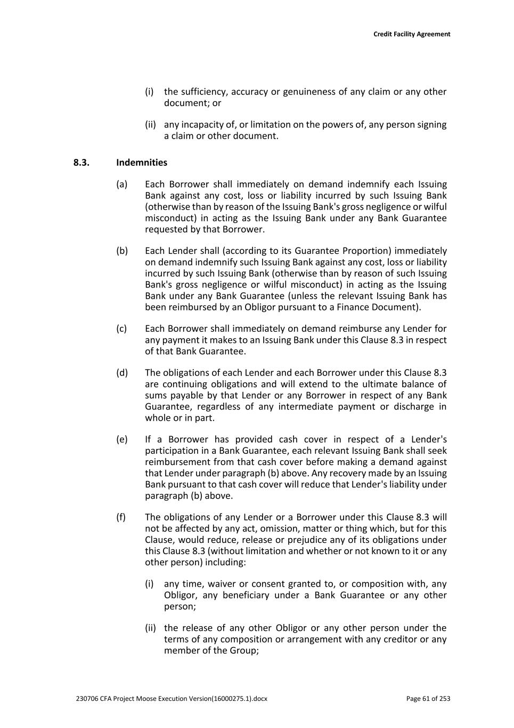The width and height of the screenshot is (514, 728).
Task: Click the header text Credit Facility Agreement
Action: (411, 34)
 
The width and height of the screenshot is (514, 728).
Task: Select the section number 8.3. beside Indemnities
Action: (81, 163)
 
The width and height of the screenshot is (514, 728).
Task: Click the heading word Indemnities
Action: (142, 163)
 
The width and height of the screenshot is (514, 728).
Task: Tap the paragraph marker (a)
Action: (122, 185)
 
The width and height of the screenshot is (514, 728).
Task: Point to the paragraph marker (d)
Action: (122, 373)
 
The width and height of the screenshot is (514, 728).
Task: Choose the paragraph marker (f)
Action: (121, 517)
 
